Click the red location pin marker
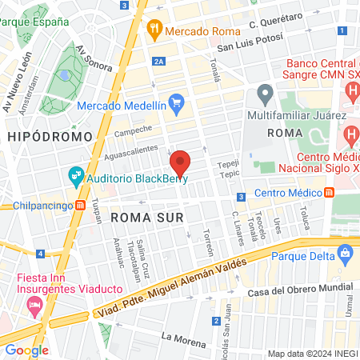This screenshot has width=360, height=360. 180,163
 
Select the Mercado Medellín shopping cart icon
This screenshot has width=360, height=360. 177,104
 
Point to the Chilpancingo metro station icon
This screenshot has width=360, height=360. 81,206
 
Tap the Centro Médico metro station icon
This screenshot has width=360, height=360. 330,192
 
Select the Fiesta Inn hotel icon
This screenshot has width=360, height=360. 34,305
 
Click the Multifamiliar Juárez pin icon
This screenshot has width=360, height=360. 265,95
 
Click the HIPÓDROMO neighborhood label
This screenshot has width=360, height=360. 39,138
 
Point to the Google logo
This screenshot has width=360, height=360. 26,350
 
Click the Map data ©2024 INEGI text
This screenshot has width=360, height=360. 312,354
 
